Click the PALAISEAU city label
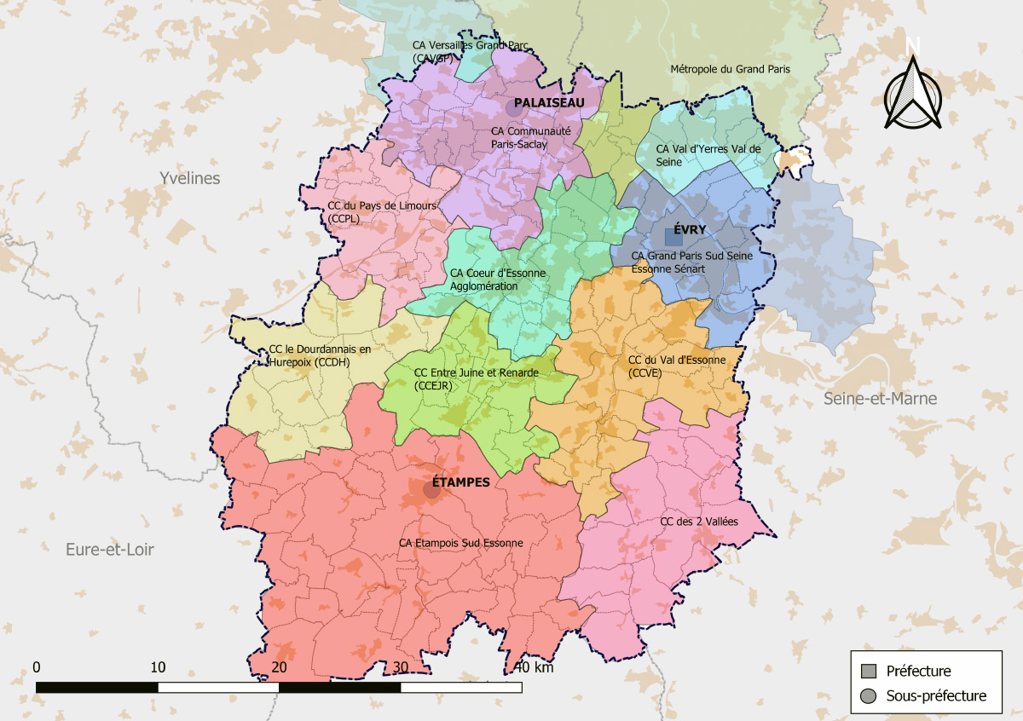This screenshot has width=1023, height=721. pyautogui.click(x=549, y=102)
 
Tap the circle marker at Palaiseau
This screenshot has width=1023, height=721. pyautogui.click(x=514, y=108)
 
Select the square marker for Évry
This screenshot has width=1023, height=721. pyautogui.click(x=673, y=237)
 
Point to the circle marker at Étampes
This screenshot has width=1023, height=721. pyautogui.click(x=432, y=489)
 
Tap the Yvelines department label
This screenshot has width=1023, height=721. pyautogui.click(x=189, y=178)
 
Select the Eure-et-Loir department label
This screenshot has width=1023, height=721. pyautogui.click(x=110, y=550)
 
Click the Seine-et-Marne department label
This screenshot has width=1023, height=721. pyautogui.click(x=880, y=399)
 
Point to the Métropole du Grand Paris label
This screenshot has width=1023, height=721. pyautogui.click(x=731, y=69)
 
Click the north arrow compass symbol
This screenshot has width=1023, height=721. pyautogui.click(x=912, y=92)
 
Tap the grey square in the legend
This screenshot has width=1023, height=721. pyautogui.click(x=869, y=671)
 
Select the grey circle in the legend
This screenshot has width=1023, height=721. pyautogui.click(x=869, y=696)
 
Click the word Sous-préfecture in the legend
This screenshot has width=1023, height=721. pyautogui.click(x=936, y=696)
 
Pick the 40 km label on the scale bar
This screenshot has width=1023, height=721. pyautogui.click(x=535, y=667)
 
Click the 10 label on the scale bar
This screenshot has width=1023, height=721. pyautogui.click(x=158, y=666)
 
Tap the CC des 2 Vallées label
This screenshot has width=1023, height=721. pyautogui.click(x=699, y=521)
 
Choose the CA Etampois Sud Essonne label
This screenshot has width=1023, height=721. pyautogui.click(x=460, y=542)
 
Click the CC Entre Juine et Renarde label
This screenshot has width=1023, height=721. pyautogui.click(x=476, y=378)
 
